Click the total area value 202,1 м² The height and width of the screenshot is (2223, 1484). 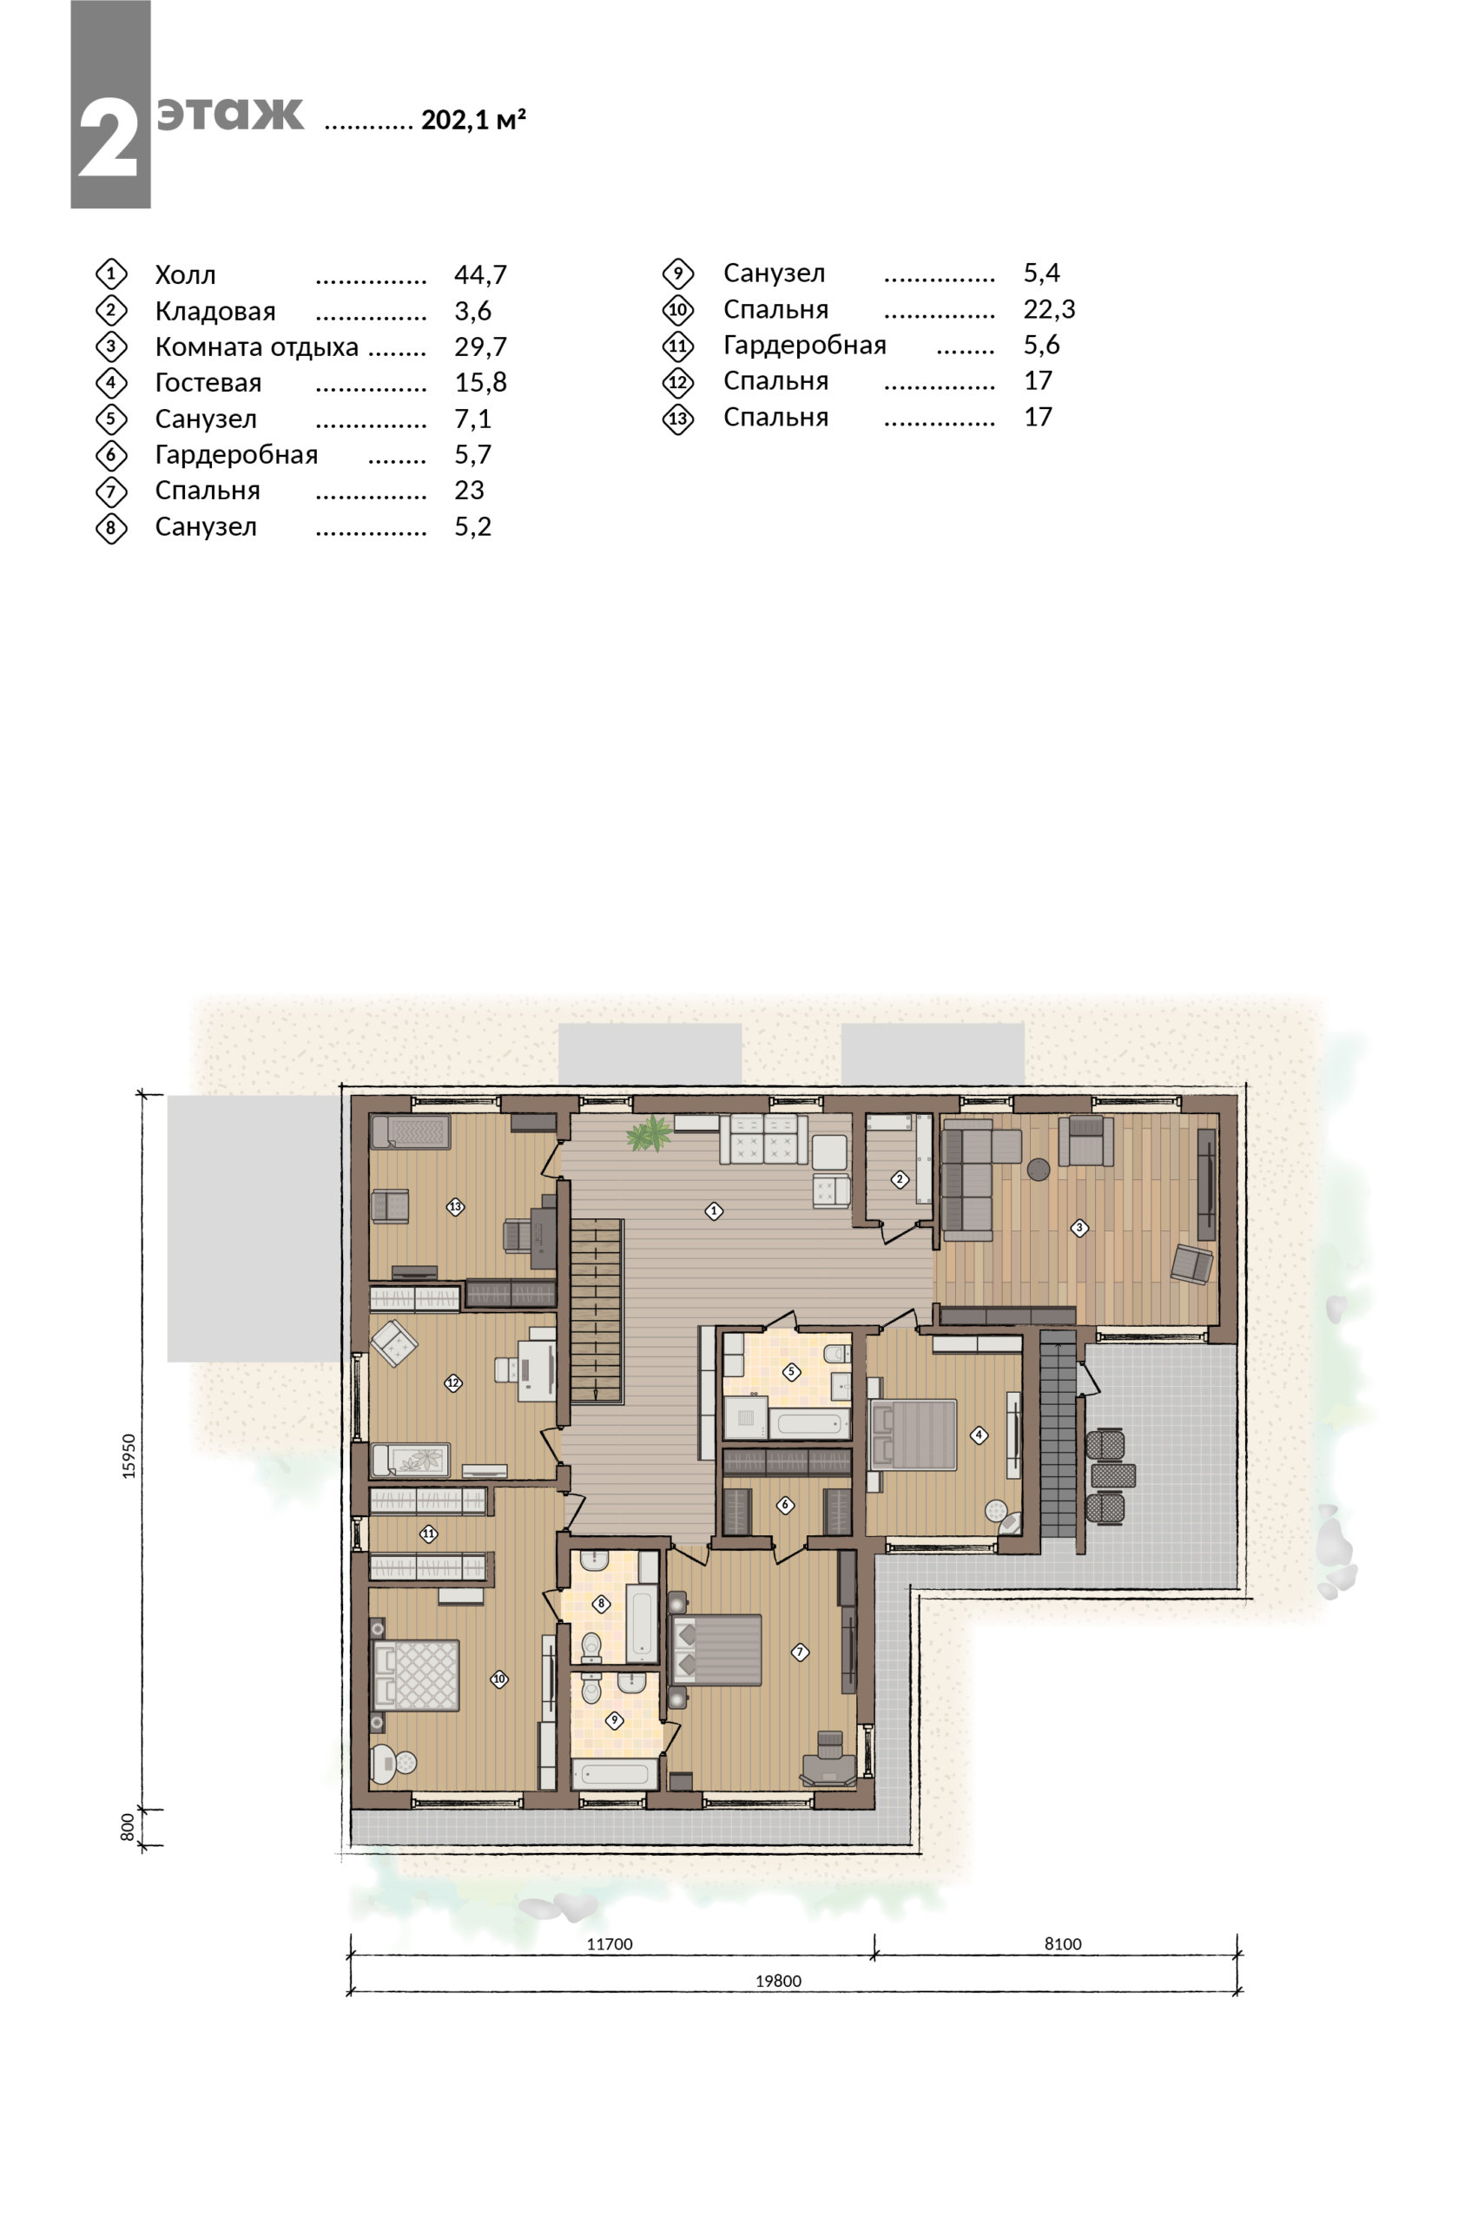(x=473, y=119)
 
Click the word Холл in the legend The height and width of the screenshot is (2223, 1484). (x=186, y=275)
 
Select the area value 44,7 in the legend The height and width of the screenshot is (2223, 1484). (x=481, y=274)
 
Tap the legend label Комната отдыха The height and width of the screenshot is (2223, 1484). (x=256, y=347)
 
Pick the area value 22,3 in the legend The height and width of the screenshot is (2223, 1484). (x=1050, y=308)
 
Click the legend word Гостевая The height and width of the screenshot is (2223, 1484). (x=208, y=383)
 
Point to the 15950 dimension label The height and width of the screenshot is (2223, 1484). (x=129, y=1455)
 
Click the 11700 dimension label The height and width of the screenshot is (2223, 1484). (x=610, y=1944)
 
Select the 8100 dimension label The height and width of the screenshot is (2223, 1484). (x=1063, y=1944)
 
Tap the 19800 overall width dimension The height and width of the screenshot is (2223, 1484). (x=778, y=1981)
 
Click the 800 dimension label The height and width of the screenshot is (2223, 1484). (x=128, y=1826)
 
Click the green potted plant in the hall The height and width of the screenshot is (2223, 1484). (x=650, y=1134)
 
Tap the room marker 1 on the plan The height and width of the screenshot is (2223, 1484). (x=714, y=1210)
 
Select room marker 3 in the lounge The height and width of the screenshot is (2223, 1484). (x=1079, y=1228)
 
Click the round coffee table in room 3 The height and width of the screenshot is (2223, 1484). (x=1039, y=1170)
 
